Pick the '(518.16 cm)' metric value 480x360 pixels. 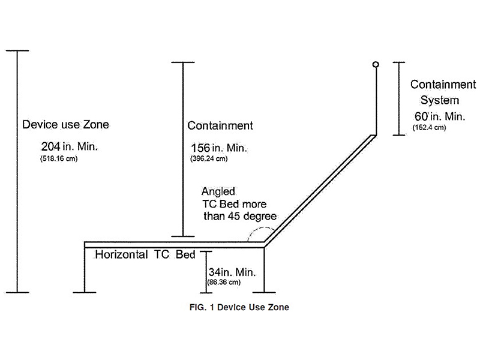(58, 159)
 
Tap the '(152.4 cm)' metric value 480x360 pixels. (430, 127)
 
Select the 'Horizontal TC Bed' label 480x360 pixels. (145, 254)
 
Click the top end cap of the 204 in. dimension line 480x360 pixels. (17, 50)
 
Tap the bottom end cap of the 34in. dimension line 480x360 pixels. (206, 293)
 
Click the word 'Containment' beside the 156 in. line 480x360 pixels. (220, 126)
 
